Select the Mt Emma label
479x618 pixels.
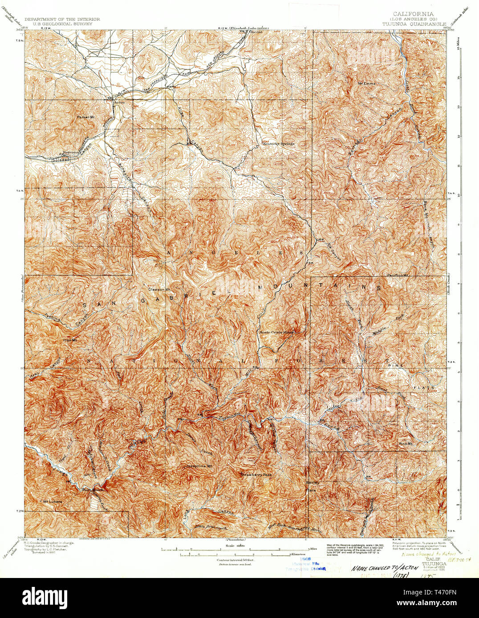367,83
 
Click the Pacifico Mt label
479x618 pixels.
398,275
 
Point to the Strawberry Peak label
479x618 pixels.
256,475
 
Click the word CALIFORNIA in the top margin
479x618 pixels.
413,14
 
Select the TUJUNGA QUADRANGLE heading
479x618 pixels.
414,24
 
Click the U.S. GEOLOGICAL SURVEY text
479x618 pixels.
62,24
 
